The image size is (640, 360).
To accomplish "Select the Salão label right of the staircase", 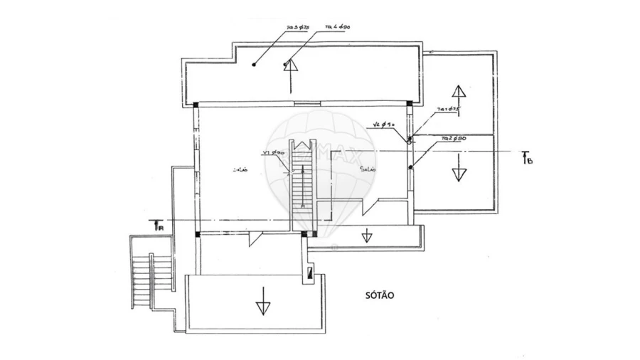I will (368, 169).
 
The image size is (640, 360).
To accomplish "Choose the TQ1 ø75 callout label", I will (450, 109).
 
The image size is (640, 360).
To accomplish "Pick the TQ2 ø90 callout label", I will (453, 137).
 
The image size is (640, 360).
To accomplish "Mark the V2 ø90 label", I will (384, 125).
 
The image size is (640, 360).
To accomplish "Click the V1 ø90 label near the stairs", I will (273, 153).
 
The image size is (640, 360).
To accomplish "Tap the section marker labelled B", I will (526, 158).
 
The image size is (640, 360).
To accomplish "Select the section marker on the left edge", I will (160, 226).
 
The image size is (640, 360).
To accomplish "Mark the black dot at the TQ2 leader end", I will (410, 167).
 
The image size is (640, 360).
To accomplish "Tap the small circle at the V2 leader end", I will (410, 141).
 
